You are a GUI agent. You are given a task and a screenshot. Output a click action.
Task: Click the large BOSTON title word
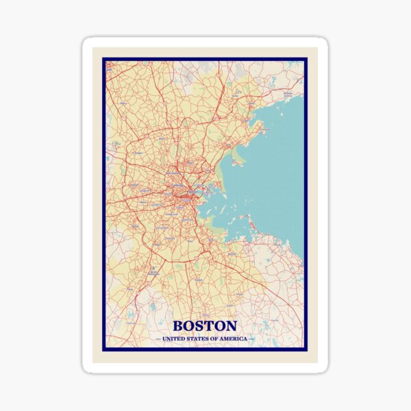(205, 326)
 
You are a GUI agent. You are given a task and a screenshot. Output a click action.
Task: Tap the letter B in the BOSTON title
(179, 326)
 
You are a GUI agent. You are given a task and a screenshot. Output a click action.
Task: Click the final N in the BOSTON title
(231, 326)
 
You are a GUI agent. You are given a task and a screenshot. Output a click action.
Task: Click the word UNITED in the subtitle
(173, 338)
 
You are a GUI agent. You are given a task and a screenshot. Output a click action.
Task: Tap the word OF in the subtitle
(212, 338)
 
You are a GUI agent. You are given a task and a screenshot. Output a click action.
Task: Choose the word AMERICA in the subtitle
(232, 338)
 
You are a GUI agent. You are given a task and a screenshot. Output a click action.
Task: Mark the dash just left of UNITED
(158, 338)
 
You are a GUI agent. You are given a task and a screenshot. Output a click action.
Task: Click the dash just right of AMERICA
(251, 338)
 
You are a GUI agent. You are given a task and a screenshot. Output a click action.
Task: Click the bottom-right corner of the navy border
(306, 349)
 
